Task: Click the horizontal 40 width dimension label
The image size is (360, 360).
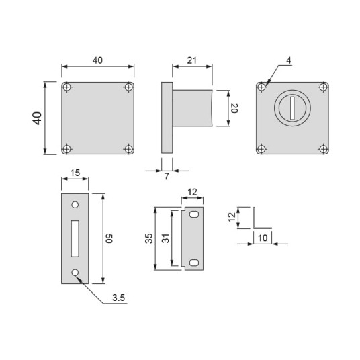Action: (x=97, y=61)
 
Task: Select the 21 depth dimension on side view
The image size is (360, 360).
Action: (x=193, y=61)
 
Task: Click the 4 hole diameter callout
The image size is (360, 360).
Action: (x=287, y=61)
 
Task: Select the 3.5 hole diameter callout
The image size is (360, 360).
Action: (x=118, y=298)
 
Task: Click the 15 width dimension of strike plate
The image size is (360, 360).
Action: (x=75, y=173)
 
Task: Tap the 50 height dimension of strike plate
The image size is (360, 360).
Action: (x=109, y=238)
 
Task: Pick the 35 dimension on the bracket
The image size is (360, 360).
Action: (x=150, y=238)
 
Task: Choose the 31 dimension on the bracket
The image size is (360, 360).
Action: (x=167, y=238)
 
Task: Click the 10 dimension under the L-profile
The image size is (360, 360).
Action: (x=262, y=238)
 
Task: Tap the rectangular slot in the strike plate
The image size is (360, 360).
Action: (x=75, y=238)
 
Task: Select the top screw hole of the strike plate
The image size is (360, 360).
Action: (x=75, y=204)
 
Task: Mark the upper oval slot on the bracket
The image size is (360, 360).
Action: (x=194, y=214)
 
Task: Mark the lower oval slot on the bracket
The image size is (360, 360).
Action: (x=194, y=261)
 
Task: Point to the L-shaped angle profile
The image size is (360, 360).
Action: (x=256, y=219)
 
